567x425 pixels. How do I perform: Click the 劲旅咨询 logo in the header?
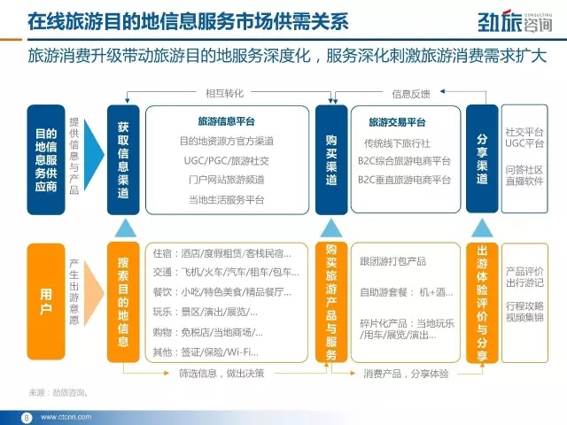click(515, 21)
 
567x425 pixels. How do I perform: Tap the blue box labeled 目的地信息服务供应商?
click(46, 159)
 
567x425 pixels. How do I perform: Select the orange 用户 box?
click(46, 301)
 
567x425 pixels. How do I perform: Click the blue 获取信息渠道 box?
click(123, 159)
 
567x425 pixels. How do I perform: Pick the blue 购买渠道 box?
click(331, 159)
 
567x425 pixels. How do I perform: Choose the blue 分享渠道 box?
click(482, 159)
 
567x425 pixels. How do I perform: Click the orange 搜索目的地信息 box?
click(123, 302)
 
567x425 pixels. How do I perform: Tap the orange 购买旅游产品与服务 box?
click(331, 302)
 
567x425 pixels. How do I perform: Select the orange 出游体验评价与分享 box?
click(482, 303)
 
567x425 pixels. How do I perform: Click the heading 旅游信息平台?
click(227, 121)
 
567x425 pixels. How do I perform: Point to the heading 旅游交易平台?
click(397, 122)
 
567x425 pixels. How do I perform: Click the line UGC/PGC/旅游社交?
click(227, 160)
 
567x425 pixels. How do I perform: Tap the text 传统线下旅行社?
click(397, 143)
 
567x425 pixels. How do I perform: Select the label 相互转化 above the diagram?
click(224, 94)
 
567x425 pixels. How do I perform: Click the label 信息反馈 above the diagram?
click(411, 95)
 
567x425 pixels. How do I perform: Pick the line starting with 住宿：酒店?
click(222, 253)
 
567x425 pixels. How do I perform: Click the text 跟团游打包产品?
click(392, 261)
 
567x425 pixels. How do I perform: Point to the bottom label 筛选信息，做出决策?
click(221, 374)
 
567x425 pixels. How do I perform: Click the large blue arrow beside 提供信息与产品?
click(94, 155)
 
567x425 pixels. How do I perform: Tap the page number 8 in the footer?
click(27, 418)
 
